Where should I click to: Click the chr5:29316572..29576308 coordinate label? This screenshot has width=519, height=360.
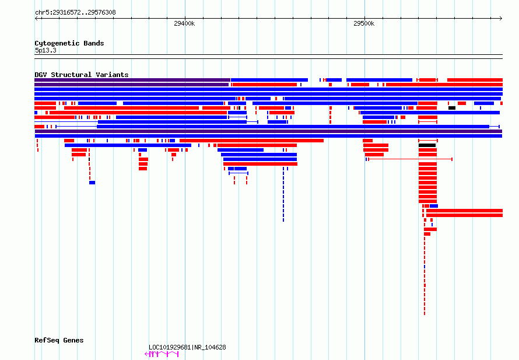coord(75,13)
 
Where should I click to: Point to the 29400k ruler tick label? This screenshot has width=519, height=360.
coord(184,23)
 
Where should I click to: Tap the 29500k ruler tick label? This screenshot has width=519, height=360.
coord(364,23)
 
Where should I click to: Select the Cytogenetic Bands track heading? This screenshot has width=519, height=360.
coord(69,43)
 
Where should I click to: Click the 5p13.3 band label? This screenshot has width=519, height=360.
coord(45,50)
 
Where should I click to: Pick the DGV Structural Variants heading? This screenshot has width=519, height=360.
coord(82,75)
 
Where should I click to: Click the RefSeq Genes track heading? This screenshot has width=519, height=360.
coord(59,340)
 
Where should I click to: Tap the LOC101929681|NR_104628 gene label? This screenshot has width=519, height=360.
coord(187,347)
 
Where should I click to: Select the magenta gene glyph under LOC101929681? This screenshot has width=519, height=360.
coord(162,354)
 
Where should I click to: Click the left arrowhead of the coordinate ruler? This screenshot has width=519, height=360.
coord(36,19)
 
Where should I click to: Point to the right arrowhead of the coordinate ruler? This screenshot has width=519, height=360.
coord(502,19)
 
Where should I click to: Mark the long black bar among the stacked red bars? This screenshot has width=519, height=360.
coord(427,145)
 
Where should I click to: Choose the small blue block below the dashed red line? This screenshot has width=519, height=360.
coord(92,183)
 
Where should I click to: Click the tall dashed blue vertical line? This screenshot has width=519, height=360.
coord(283,194)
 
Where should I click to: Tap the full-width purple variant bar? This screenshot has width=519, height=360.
coord(268,131)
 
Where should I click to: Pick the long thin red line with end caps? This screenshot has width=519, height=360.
coord(410,159)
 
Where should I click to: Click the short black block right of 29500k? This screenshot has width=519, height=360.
coord(452,108)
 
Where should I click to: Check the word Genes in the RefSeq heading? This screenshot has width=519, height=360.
coord(73,340)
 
